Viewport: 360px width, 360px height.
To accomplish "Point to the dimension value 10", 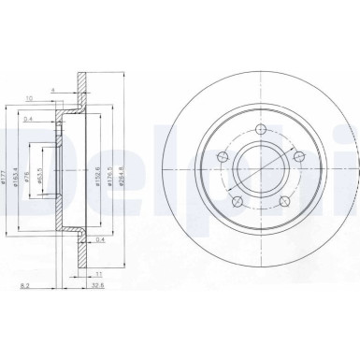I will coord(31,96).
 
